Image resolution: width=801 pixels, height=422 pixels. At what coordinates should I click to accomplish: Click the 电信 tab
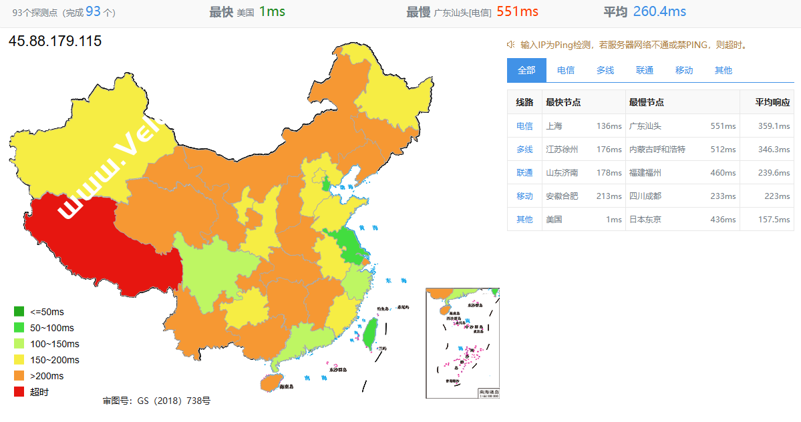pos(566,70)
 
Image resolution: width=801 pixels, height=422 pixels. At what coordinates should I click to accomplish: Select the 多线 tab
pos(605,70)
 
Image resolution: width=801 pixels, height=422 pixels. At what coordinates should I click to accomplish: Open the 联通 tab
pos(645,70)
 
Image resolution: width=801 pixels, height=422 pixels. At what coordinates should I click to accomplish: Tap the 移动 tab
pos(684,70)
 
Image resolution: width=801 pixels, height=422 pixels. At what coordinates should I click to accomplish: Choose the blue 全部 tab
pos(526,70)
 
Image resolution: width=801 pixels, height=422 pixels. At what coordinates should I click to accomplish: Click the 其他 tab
pos(723,70)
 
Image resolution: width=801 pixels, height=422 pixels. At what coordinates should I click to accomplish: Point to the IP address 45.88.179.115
pos(55,41)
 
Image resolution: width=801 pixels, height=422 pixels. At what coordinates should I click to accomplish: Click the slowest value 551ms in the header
pos(517,11)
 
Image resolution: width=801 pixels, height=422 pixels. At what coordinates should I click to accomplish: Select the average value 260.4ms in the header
pos(659,11)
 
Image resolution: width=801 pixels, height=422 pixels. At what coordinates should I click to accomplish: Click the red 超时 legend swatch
pos(19,392)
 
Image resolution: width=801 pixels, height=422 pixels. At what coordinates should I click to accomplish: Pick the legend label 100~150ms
pos(55,344)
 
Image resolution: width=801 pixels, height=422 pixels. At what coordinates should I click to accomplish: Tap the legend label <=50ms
pos(47,312)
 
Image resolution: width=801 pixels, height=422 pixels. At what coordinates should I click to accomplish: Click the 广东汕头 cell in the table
pos(646,126)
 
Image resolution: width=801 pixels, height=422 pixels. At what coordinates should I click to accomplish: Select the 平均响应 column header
pos(772,102)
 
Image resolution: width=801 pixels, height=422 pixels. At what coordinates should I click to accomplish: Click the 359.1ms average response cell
pos(774,126)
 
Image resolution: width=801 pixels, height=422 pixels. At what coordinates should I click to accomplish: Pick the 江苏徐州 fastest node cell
pos(562,150)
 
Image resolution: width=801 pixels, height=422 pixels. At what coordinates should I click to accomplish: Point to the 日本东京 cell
pos(645,219)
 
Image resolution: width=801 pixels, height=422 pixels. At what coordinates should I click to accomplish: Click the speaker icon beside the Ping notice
pos(510,45)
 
